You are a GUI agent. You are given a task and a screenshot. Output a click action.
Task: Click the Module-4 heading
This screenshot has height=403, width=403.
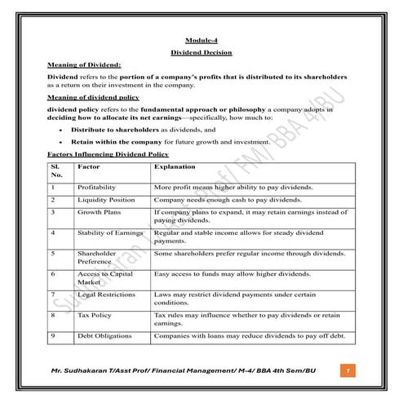[x=201, y=40]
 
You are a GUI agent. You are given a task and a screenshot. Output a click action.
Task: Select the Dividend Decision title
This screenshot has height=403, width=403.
[x=201, y=52]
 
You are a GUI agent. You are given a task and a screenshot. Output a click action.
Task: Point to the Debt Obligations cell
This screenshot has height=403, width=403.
[x=104, y=334]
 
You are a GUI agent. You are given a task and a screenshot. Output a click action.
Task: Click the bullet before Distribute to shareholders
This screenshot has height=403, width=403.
[x=63, y=129]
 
